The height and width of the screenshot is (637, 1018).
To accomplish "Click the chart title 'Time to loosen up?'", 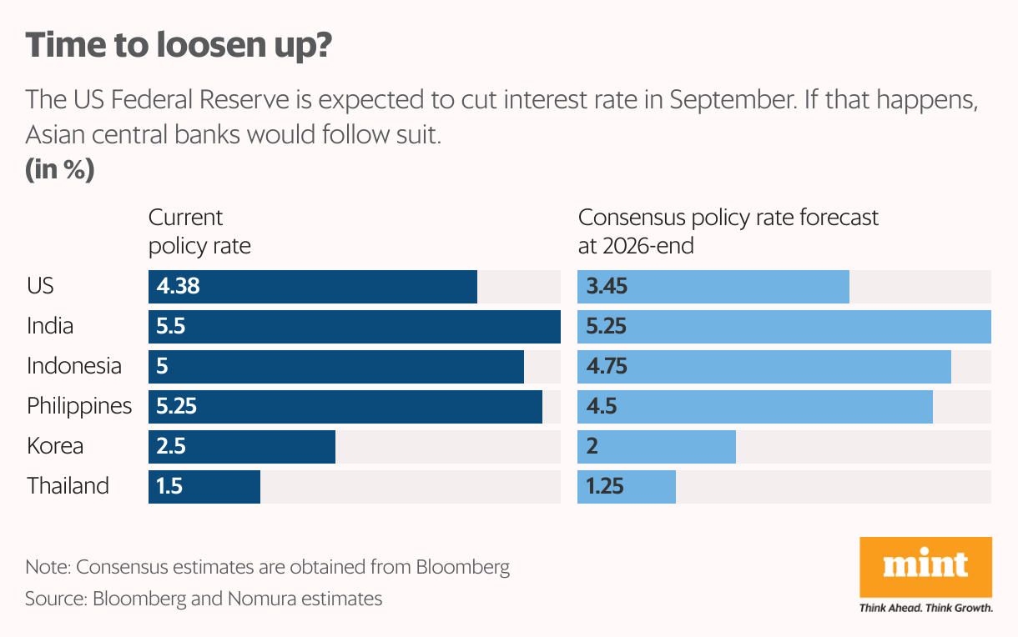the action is click(x=179, y=45).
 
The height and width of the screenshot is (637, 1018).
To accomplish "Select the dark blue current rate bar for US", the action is click(x=313, y=287).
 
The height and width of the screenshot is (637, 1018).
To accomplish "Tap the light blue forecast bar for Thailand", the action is click(x=627, y=487).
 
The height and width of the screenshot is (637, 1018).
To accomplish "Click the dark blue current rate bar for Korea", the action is click(x=242, y=447).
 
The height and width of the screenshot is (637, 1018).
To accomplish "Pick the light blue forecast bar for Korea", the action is click(x=656, y=447).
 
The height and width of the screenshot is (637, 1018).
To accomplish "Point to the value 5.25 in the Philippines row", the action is click(x=176, y=406).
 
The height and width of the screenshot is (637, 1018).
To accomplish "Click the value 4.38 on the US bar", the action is click(x=178, y=286).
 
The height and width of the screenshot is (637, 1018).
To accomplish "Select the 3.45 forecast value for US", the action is click(x=607, y=286).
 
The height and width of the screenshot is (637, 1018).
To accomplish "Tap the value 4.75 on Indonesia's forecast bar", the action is click(x=607, y=366).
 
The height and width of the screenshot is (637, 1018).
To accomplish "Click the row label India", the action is click(x=50, y=326).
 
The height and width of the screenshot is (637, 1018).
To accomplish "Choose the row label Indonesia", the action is click(x=74, y=366).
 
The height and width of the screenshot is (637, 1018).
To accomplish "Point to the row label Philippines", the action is click(x=79, y=406).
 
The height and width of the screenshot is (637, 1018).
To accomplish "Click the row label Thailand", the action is click(x=68, y=486).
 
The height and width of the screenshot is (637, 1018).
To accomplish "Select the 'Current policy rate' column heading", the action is click(x=199, y=232).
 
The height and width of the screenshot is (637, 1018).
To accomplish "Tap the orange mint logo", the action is click(x=925, y=567).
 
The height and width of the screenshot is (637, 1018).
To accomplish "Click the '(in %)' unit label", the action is click(x=60, y=169).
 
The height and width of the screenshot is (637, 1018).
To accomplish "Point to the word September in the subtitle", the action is click(x=733, y=100).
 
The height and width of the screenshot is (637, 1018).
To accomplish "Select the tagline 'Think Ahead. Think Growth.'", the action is click(x=925, y=608).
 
